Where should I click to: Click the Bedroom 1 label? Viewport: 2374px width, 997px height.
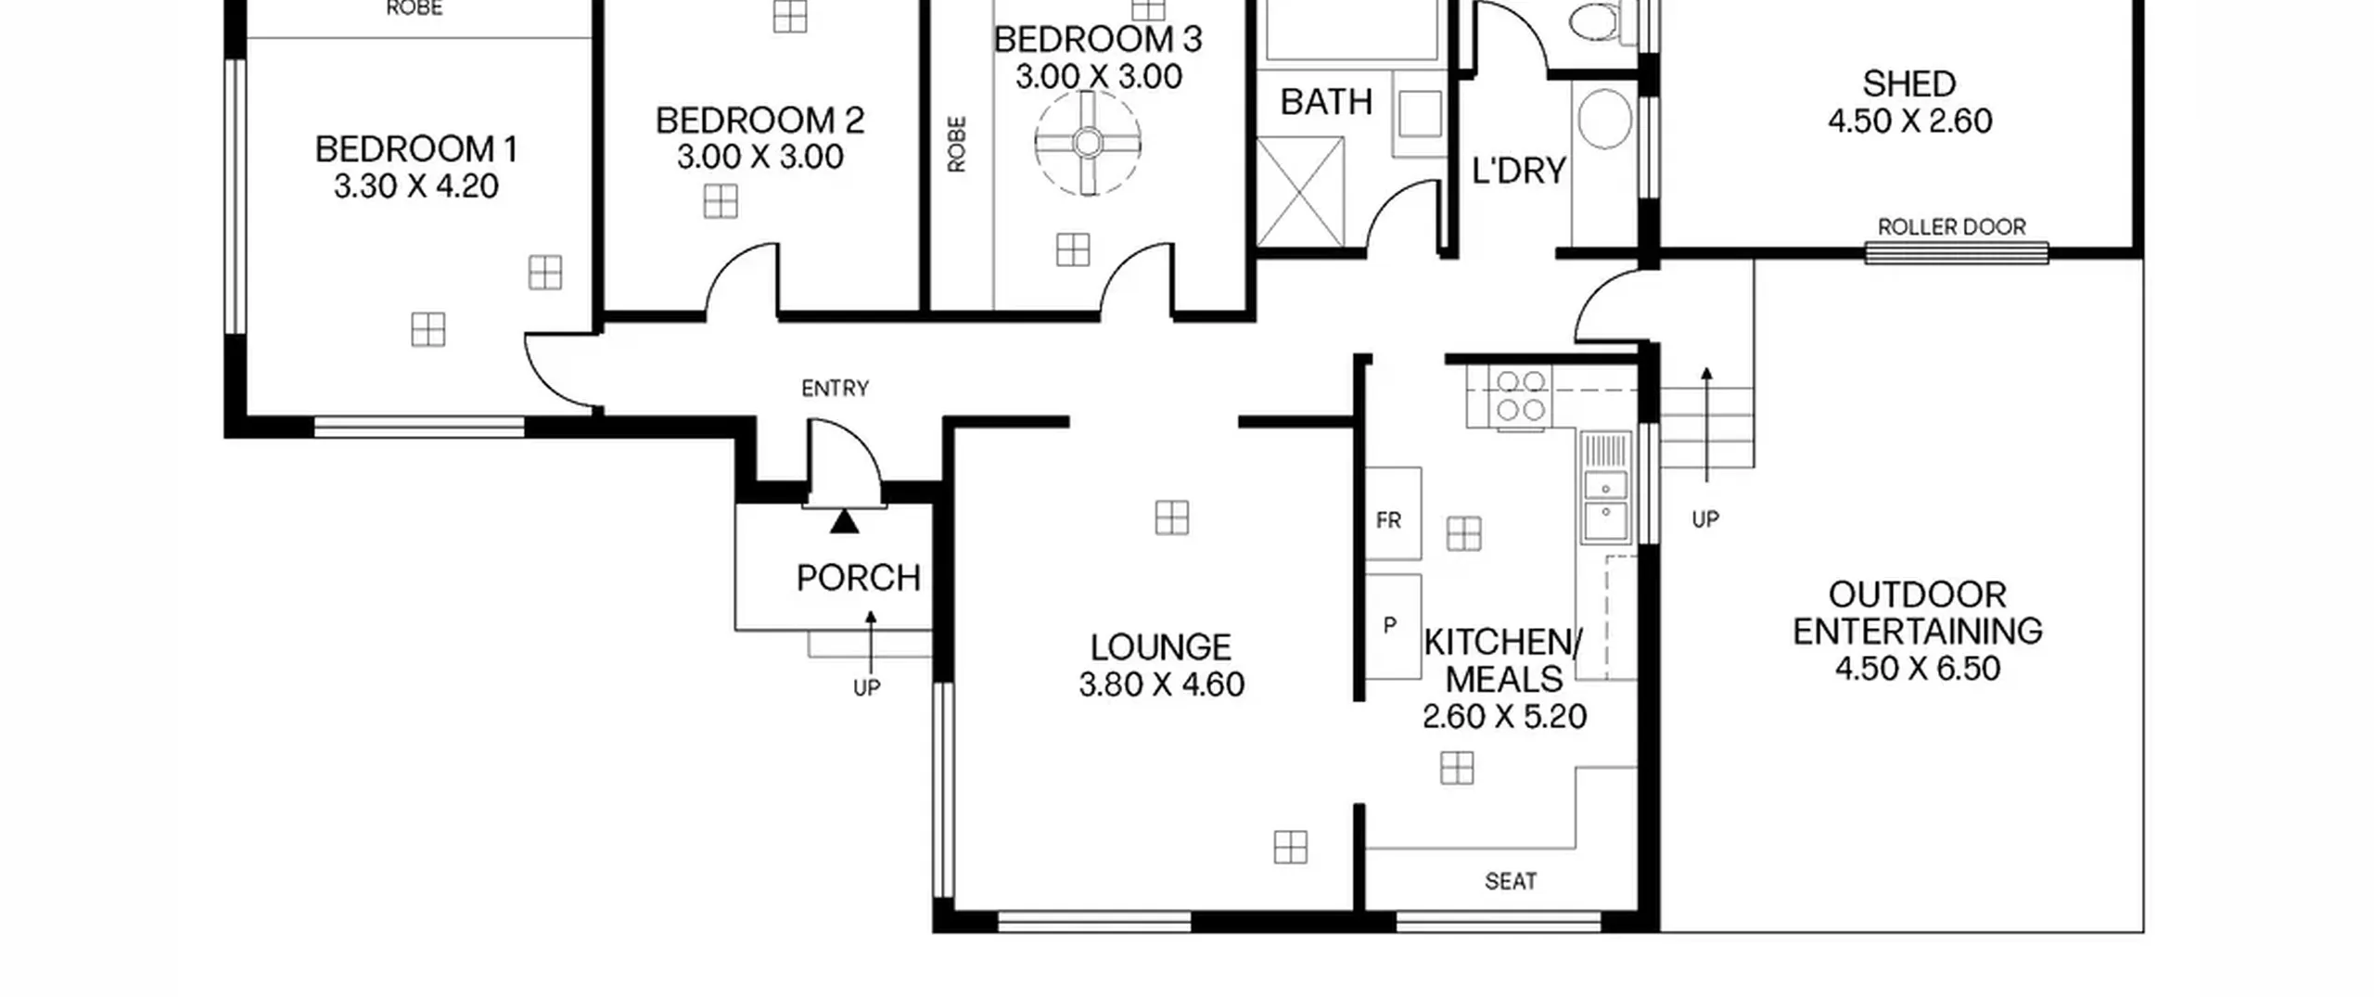tap(416, 149)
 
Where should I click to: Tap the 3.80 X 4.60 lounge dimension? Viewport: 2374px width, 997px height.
tap(1161, 684)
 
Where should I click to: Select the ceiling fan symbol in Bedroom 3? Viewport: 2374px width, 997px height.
tap(1088, 143)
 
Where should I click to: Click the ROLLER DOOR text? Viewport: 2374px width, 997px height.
tap(1951, 227)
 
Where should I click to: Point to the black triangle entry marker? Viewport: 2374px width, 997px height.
tap(844, 521)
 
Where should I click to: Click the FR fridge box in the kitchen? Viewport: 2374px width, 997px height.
tap(1393, 513)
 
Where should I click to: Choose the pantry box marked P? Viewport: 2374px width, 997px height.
tap(1393, 626)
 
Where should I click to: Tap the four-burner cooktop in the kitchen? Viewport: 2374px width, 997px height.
tap(1519, 396)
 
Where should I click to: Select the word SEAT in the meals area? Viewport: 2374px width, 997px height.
tap(1511, 881)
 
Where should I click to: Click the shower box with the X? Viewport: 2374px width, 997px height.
tap(1300, 192)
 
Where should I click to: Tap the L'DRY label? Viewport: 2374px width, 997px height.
tap(1519, 171)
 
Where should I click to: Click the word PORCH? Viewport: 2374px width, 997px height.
tap(859, 578)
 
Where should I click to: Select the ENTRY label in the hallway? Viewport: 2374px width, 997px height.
tap(835, 389)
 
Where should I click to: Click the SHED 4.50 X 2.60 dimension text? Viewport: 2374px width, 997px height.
tap(1910, 121)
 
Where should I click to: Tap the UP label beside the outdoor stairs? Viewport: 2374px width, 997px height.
tap(1705, 519)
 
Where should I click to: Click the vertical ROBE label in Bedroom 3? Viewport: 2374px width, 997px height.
tap(957, 144)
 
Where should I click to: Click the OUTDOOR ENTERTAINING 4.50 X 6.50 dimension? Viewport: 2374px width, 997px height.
tap(1918, 669)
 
